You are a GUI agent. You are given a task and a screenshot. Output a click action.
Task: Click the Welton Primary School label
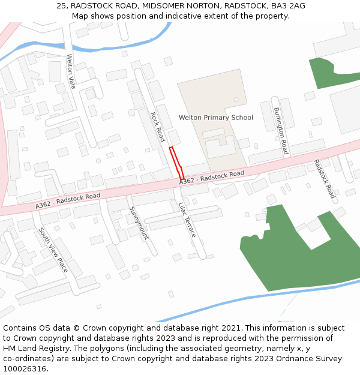[216, 118]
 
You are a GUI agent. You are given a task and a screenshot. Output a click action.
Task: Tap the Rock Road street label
[157, 127]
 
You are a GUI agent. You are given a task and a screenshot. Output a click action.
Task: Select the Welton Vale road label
[71, 71]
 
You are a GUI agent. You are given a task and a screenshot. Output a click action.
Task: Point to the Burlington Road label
[281, 131]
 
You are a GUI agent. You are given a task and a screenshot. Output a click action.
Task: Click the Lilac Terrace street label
[187, 220]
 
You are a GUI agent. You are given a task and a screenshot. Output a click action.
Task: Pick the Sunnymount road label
[138, 223]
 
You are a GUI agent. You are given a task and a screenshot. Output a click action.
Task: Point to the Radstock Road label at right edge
[325, 179]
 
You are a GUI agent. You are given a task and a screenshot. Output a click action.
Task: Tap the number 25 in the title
[61, 5]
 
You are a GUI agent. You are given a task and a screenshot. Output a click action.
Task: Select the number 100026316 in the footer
[24, 368]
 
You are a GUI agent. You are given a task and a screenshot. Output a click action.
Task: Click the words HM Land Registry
[34, 348]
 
